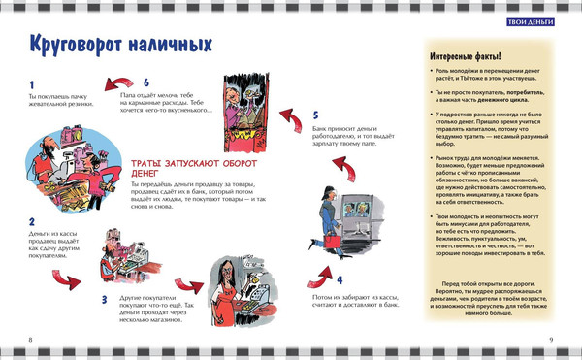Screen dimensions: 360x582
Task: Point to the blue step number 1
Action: click(x=31, y=85)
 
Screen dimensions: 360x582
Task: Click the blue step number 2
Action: click(x=31, y=221)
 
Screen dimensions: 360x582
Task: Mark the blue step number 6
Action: click(x=145, y=82)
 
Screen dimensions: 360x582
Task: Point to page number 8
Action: click(x=31, y=339)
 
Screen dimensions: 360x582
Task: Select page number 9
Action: click(x=550, y=339)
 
